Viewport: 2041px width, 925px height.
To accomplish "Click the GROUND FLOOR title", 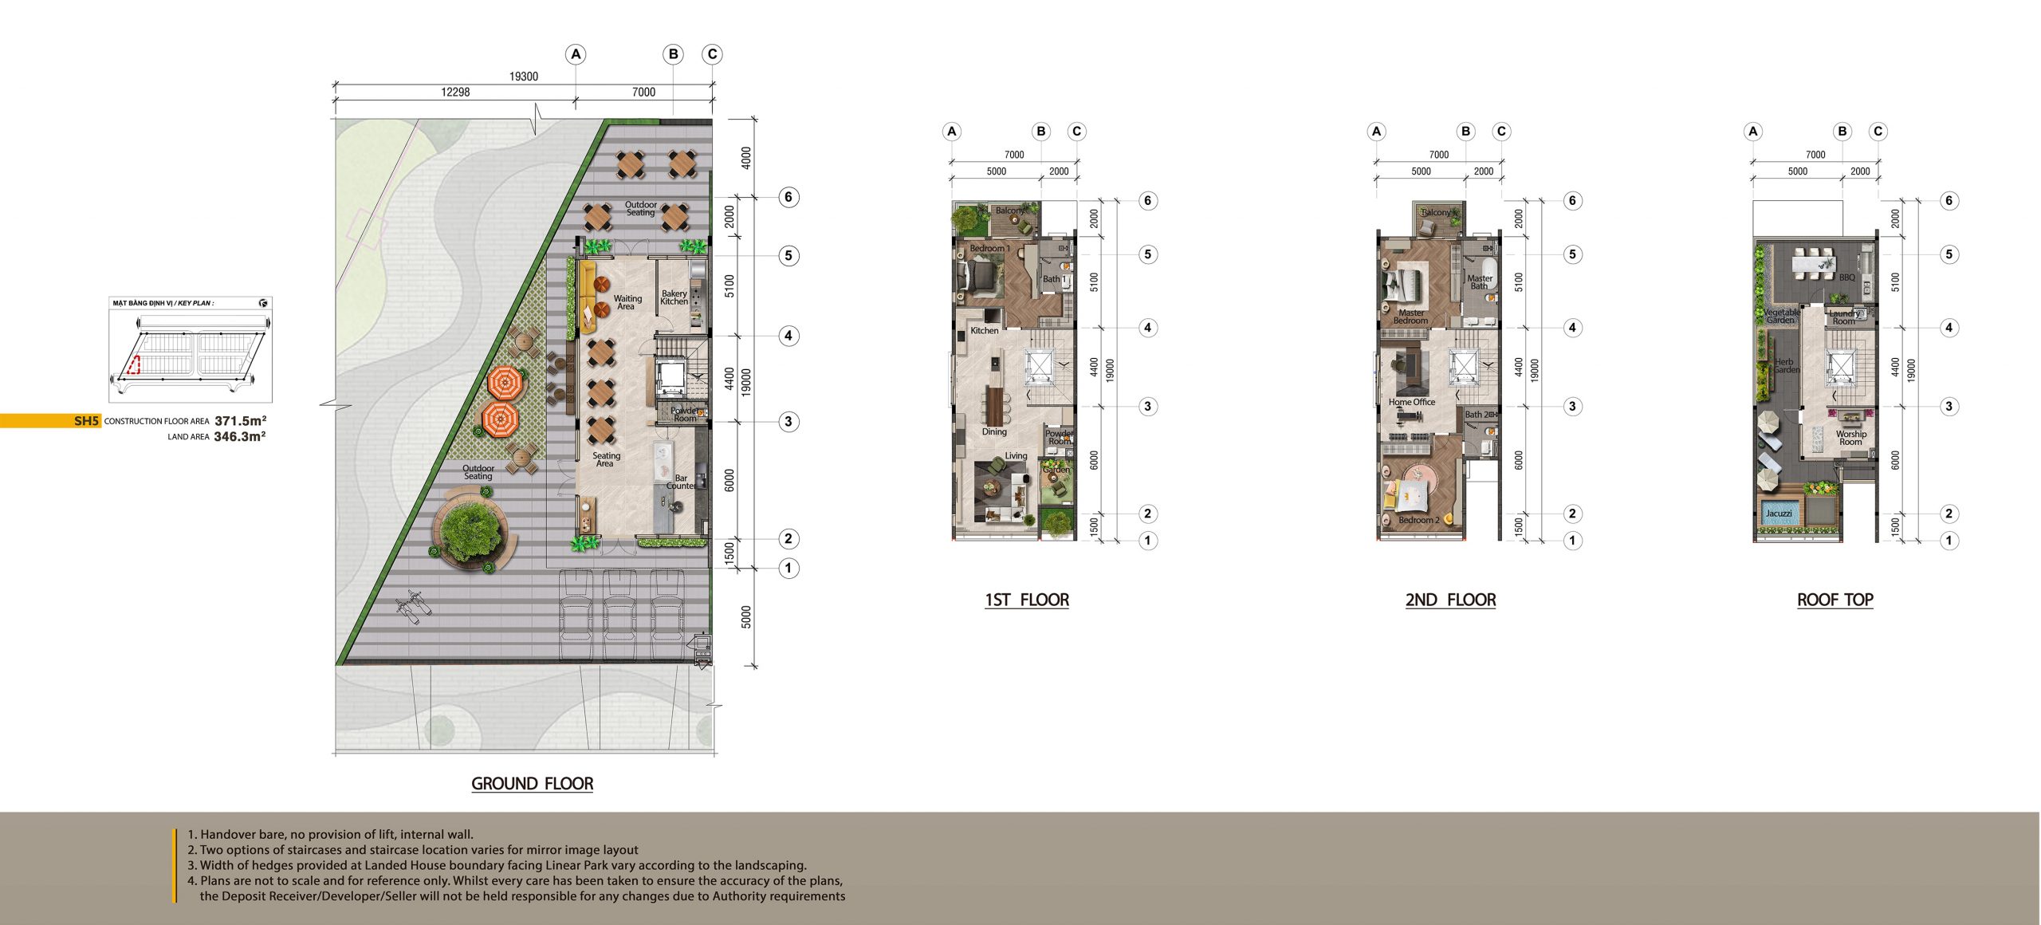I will [x=532, y=783].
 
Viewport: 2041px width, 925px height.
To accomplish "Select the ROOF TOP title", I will [x=1835, y=600].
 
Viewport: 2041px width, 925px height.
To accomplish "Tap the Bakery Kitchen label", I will [x=674, y=297].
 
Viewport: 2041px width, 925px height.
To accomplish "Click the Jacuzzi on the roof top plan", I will [x=1778, y=514].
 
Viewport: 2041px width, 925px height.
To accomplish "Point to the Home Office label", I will [x=1411, y=402].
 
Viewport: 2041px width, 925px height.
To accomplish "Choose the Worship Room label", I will [x=1850, y=438].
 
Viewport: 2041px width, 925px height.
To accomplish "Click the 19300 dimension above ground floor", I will [x=524, y=77].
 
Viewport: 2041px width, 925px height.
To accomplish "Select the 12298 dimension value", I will [x=455, y=92].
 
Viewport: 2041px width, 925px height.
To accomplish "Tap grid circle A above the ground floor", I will [x=576, y=54].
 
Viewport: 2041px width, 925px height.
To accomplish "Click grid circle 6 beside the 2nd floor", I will [x=1572, y=200].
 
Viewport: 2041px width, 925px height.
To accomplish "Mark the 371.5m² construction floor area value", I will [x=240, y=420].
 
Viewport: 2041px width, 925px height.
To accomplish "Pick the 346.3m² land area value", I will [x=239, y=436].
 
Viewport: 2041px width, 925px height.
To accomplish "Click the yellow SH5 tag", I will [x=85, y=421].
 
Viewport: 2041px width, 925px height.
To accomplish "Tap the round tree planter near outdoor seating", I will [x=470, y=530].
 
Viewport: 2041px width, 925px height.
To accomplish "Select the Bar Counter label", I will [x=680, y=482].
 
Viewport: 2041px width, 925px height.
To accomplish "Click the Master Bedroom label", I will [x=1410, y=317].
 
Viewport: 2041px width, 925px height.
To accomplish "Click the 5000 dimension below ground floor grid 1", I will [x=746, y=616].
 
